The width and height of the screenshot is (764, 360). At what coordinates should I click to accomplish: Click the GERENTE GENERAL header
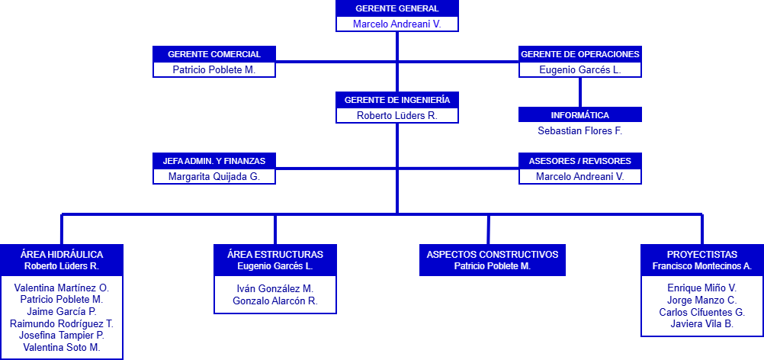tap(397, 8)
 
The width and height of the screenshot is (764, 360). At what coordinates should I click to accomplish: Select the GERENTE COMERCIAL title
tap(214, 54)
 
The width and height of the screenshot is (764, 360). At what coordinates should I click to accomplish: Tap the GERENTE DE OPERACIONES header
tap(580, 54)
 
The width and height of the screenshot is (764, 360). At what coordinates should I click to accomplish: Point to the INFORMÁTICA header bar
tap(580, 115)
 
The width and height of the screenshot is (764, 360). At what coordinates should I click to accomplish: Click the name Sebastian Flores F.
tap(580, 130)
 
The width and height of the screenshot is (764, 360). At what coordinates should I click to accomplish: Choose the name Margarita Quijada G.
tap(214, 176)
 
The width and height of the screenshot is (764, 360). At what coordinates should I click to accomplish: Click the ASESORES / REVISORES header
tap(580, 161)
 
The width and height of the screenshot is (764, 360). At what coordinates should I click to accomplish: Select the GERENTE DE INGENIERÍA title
tap(397, 100)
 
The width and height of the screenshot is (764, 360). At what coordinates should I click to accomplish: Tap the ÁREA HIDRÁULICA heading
tap(62, 254)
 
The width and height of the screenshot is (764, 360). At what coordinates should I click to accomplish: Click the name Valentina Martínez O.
tap(62, 288)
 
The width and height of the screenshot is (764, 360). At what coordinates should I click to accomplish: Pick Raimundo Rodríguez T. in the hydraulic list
tap(62, 323)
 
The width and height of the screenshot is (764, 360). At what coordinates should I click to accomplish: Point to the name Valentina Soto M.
tap(62, 347)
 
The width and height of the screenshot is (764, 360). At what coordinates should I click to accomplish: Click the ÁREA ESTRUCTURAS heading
tap(275, 254)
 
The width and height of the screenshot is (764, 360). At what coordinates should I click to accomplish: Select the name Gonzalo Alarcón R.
tap(275, 301)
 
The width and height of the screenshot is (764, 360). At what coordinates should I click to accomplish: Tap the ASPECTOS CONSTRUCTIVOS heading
tap(493, 254)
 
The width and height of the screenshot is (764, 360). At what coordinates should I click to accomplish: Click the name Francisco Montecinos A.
tap(702, 266)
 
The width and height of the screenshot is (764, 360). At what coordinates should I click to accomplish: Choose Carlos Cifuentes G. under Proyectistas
tap(702, 312)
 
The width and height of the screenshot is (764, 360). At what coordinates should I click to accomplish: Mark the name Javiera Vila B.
tap(702, 324)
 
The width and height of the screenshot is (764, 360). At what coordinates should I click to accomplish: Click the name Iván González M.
tap(275, 288)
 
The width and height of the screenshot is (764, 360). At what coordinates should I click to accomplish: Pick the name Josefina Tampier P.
tap(62, 335)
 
